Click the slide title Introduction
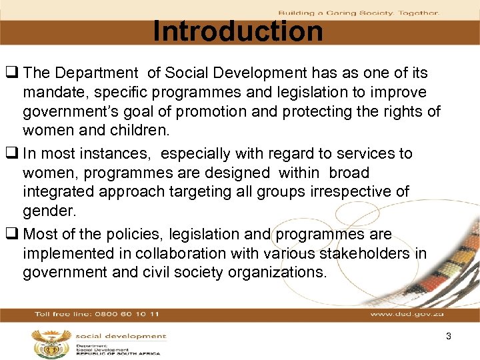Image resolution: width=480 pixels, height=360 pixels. (237, 31)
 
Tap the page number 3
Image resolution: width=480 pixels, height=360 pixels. (449, 337)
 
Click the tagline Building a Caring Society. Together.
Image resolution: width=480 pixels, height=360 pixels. (358, 13)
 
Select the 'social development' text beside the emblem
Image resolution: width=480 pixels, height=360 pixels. (120, 337)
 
